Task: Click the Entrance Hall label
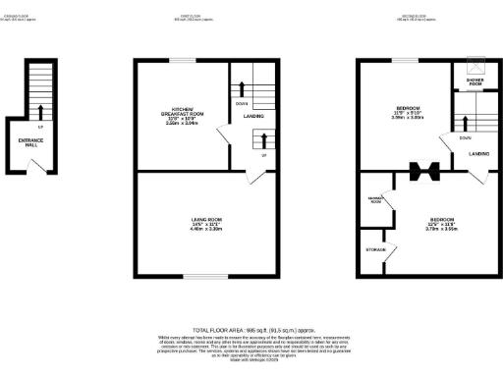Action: pos(30,142)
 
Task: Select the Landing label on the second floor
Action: pos(479,153)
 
